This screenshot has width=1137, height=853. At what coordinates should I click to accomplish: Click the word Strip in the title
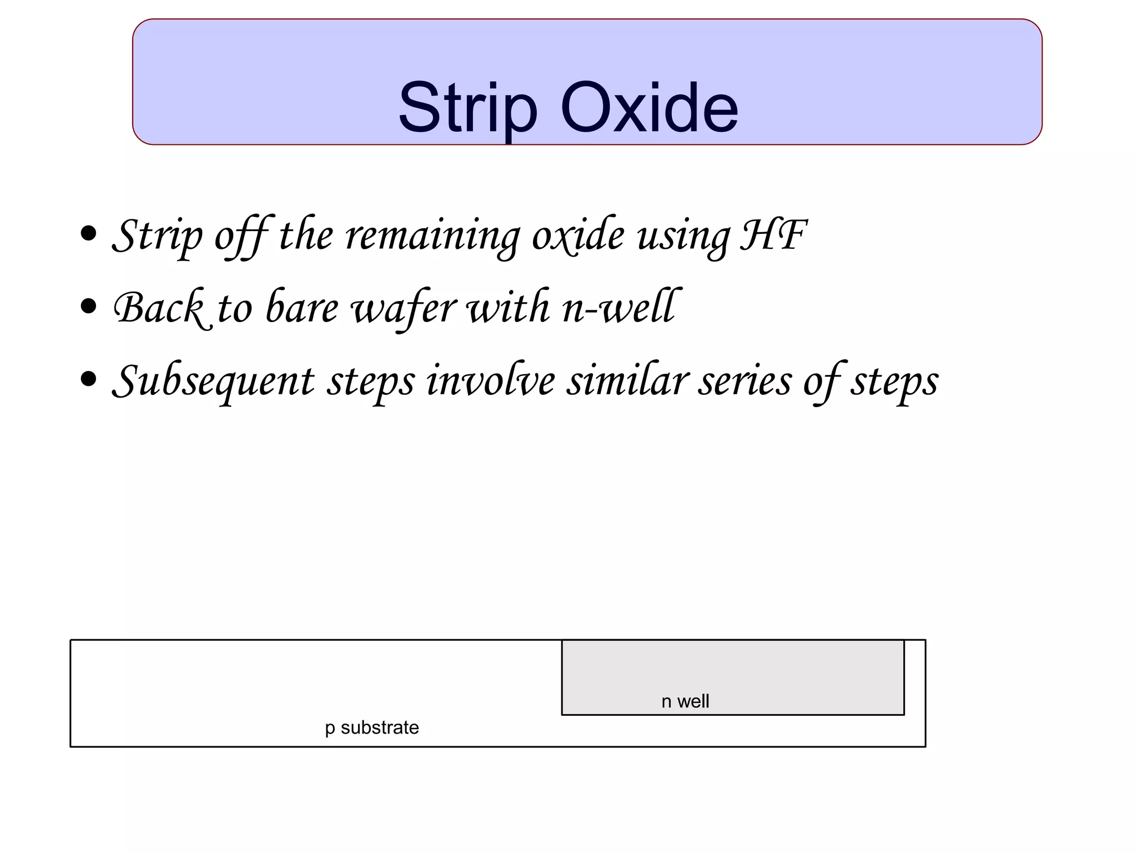(x=467, y=108)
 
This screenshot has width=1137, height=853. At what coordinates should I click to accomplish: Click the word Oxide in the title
(x=649, y=108)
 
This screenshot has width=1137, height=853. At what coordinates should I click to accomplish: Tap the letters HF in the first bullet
(x=773, y=235)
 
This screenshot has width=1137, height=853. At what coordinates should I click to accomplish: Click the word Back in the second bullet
(x=159, y=308)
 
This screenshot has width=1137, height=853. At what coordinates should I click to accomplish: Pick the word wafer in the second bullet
(x=405, y=308)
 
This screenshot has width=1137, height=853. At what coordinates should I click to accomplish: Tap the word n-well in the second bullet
(x=620, y=308)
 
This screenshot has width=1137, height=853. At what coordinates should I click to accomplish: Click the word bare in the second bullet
(x=301, y=308)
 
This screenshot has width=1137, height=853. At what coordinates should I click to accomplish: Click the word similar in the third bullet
(x=627, y=381)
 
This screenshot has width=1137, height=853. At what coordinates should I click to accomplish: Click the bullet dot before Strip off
(x=88, y=234)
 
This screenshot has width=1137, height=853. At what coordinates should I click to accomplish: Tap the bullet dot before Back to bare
(x=88, y=307)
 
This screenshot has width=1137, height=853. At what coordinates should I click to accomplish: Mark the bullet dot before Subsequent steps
(x=88, y=380)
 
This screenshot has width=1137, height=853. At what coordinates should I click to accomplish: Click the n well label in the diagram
(x=685, y=701)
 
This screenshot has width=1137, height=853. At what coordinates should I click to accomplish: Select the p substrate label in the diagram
(x=372, y=727)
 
